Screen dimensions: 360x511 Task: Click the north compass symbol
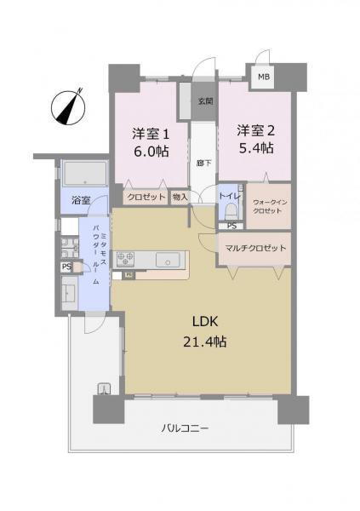68,106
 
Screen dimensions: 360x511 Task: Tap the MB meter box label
264,77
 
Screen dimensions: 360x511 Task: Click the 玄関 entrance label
206,101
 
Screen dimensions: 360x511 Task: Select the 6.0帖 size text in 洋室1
151,152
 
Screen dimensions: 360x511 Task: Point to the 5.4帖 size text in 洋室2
256,148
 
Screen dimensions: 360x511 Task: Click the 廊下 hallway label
204,163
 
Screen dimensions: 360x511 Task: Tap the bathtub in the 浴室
85,174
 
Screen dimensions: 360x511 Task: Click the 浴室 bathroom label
81,200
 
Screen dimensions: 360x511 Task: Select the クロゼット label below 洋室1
146,198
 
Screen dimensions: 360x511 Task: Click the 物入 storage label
180,197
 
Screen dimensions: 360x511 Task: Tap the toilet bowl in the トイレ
231,211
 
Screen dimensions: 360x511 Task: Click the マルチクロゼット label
255,248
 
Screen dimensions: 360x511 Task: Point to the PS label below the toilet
232,226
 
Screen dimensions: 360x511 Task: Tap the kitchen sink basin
168,260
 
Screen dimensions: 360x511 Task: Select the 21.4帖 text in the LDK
204,342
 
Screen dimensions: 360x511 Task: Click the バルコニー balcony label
185,428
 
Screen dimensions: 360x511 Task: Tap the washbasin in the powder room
69,293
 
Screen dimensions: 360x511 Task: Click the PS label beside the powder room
66,267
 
